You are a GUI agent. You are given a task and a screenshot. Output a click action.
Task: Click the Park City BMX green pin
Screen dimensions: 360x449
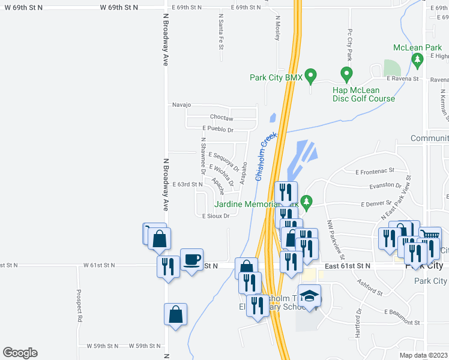310,76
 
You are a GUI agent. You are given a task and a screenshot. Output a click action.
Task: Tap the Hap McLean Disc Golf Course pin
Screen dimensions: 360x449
346,74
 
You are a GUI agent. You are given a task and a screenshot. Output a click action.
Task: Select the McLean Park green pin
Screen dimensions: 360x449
417,60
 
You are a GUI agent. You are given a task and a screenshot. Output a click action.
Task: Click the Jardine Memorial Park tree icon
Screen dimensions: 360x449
307,202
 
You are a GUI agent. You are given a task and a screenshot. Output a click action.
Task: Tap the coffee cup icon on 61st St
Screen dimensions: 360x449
191,260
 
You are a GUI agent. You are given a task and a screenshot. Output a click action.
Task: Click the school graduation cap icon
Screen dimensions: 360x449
309,296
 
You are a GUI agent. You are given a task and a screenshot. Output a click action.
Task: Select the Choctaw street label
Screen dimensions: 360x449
221,118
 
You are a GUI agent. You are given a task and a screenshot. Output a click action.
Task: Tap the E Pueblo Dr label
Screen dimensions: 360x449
217,129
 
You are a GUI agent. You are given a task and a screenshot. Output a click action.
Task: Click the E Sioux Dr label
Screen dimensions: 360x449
215,216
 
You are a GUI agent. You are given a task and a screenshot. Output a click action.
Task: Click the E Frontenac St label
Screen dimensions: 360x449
375,172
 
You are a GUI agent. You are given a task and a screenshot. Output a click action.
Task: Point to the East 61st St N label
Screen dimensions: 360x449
348,265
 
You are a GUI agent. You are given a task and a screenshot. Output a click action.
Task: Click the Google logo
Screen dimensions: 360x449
20,353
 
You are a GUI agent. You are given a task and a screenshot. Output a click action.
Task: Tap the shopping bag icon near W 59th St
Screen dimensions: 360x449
175,314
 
